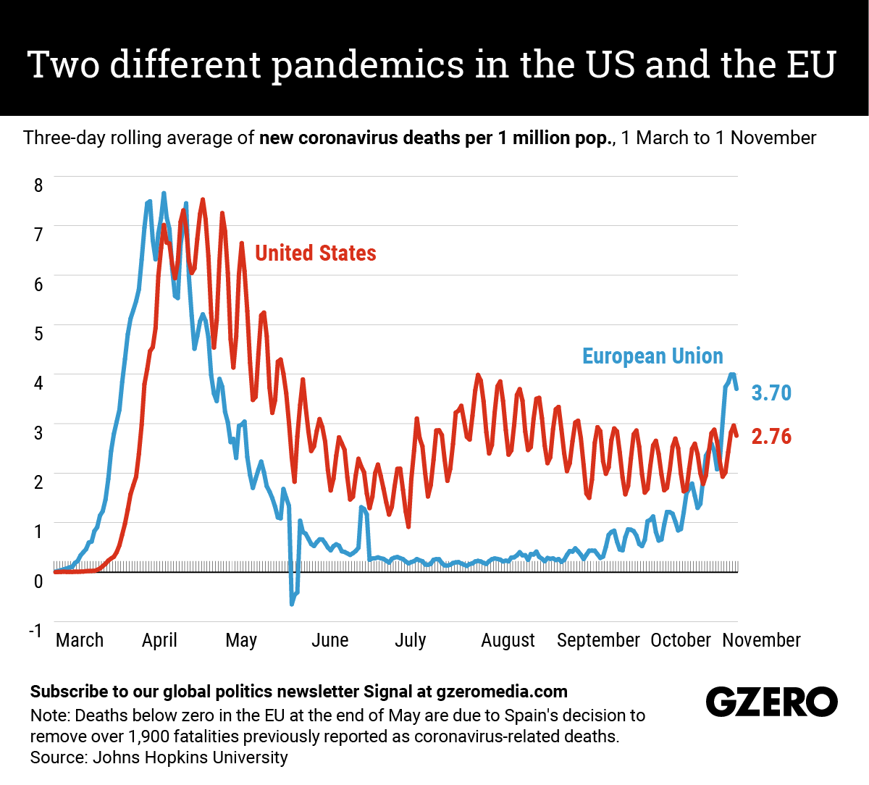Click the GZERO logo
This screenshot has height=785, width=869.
[771, 702]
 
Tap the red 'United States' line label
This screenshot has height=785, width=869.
[316, 253]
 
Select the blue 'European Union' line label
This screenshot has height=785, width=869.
[652, 356]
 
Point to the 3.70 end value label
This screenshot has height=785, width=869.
[771, 392]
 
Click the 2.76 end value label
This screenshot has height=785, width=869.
[771, 436]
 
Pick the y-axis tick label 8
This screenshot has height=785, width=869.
[38, 185]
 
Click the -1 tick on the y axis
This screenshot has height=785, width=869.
[35, 630]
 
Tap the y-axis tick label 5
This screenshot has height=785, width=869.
[38, 333]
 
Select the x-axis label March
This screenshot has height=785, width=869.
[80, 640]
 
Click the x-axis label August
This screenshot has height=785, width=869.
[508, 640]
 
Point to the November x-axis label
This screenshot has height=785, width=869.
[761, 640]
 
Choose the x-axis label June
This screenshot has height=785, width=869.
[329, 640]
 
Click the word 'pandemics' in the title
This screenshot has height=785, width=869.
[368, 65]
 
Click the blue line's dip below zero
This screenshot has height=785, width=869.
[293, 602]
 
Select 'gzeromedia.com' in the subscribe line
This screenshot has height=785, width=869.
[502, 692]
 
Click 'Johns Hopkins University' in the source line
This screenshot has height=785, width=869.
[190, 757]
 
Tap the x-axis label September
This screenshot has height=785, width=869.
[598, 640]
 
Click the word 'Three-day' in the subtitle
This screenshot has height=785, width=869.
[64, 138]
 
